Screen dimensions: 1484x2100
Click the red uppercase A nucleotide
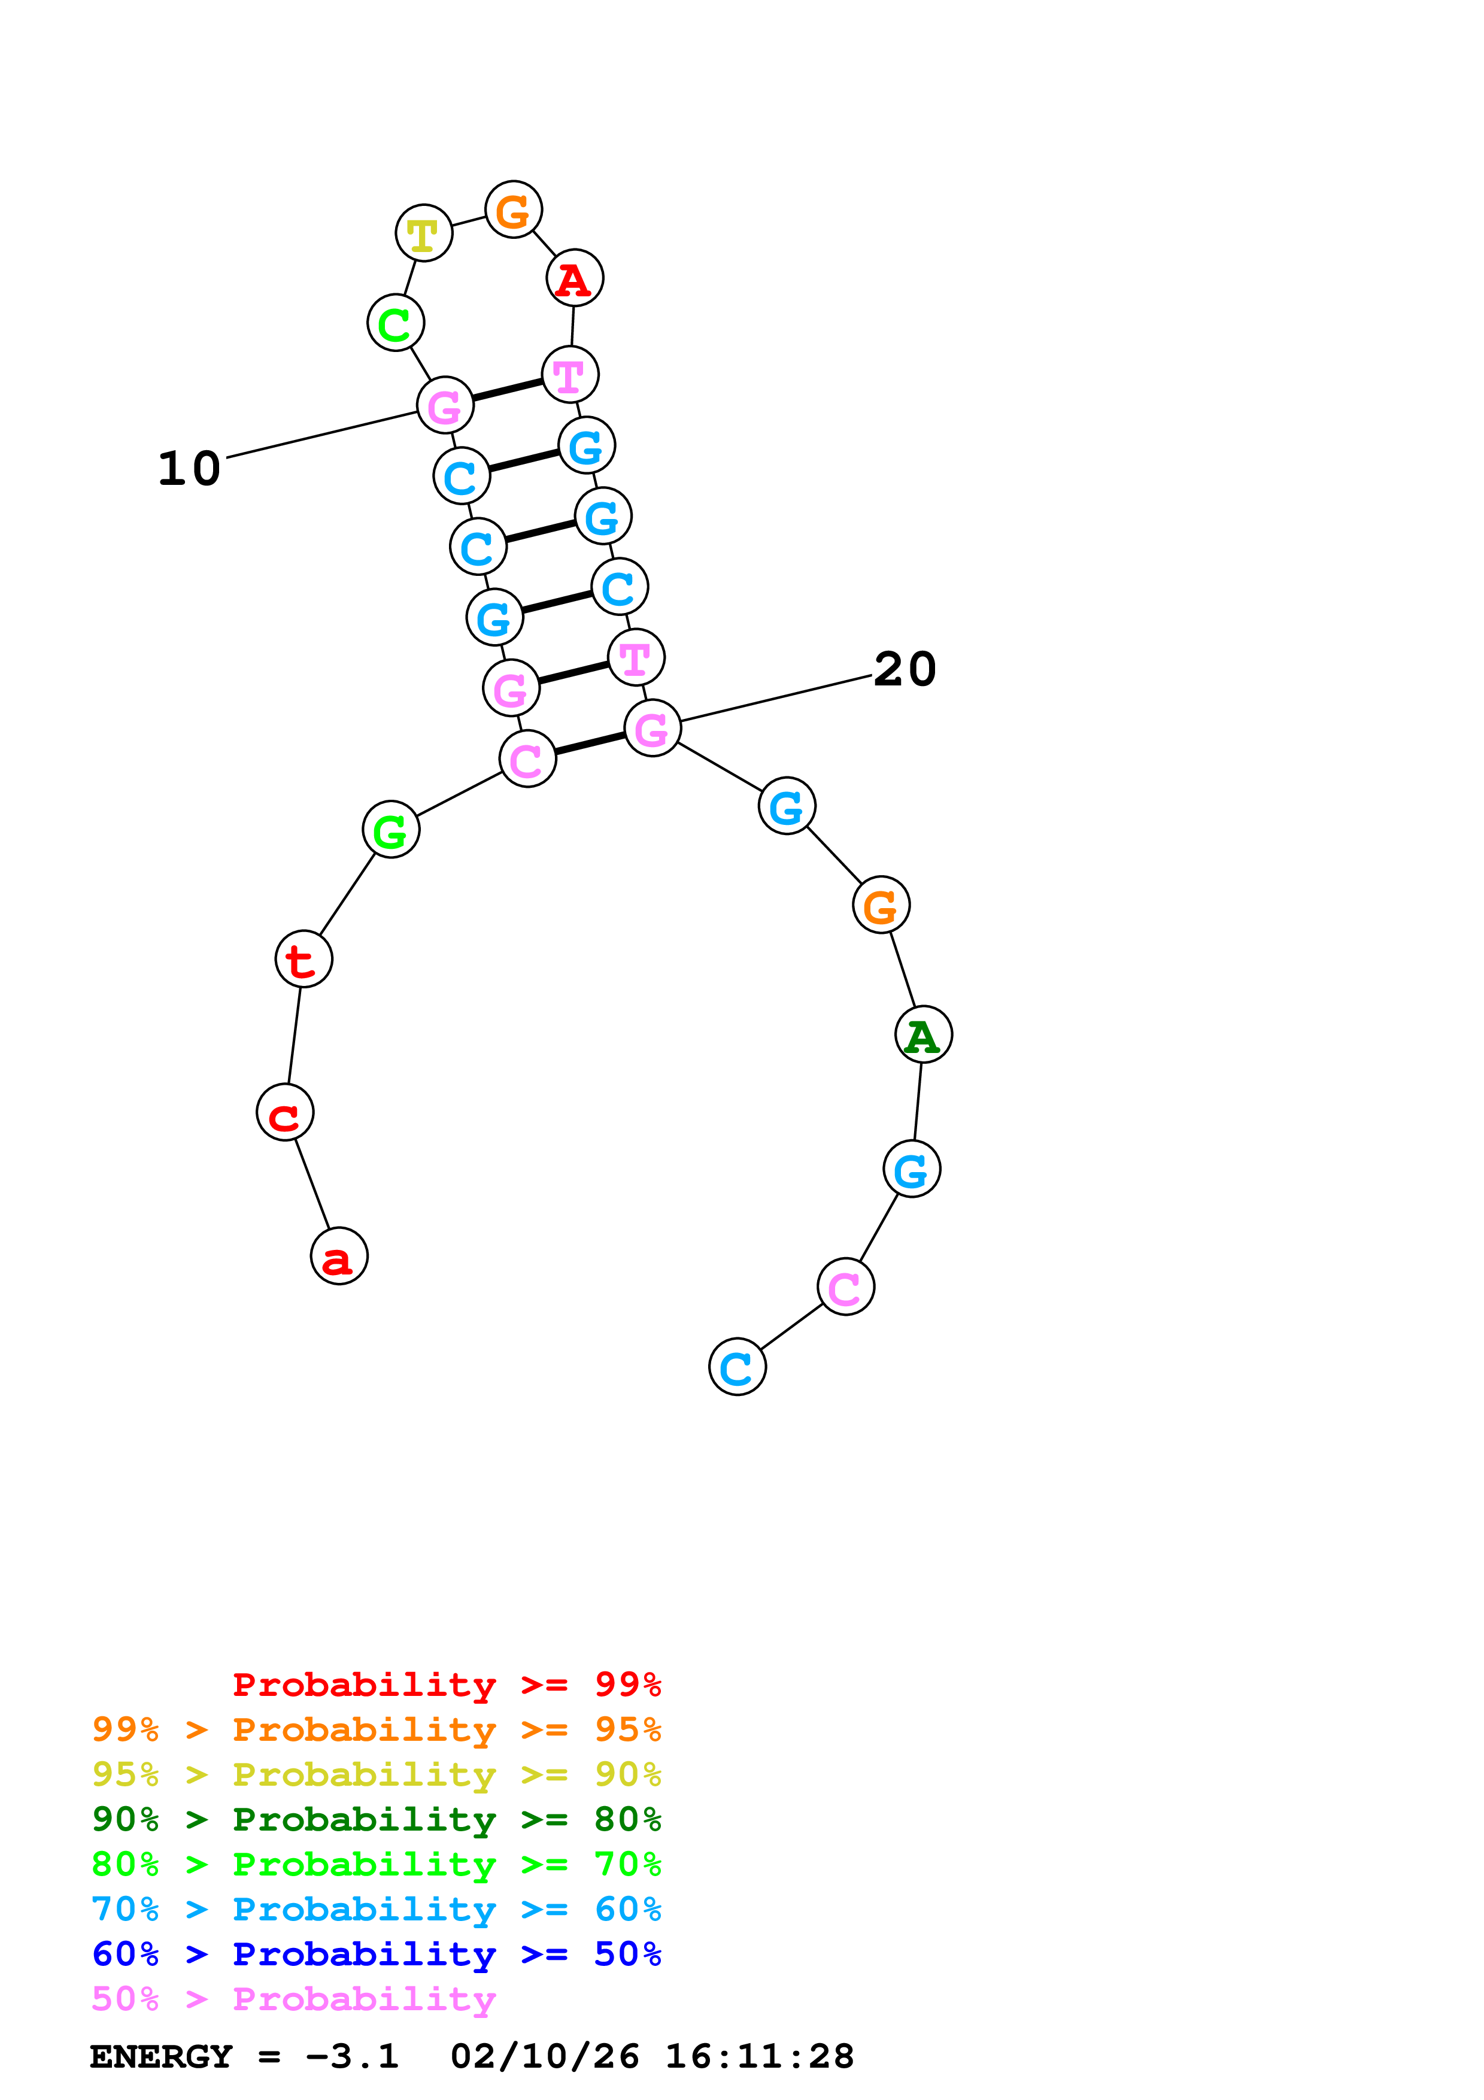(574, 278)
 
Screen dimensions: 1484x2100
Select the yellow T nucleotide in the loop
(423, 234)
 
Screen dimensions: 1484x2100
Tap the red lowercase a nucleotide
(339, 1256)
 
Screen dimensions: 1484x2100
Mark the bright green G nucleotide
(390, 830)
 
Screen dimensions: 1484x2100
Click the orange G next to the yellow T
(514, 210)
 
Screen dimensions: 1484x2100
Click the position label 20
(905, 669)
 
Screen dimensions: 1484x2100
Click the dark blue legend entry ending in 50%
(376, 1954)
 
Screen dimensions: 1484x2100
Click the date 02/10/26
(544, 2056)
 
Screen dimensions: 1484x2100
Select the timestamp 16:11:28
(759, 2056)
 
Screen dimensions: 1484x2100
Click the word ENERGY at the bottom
(161, 2056)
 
